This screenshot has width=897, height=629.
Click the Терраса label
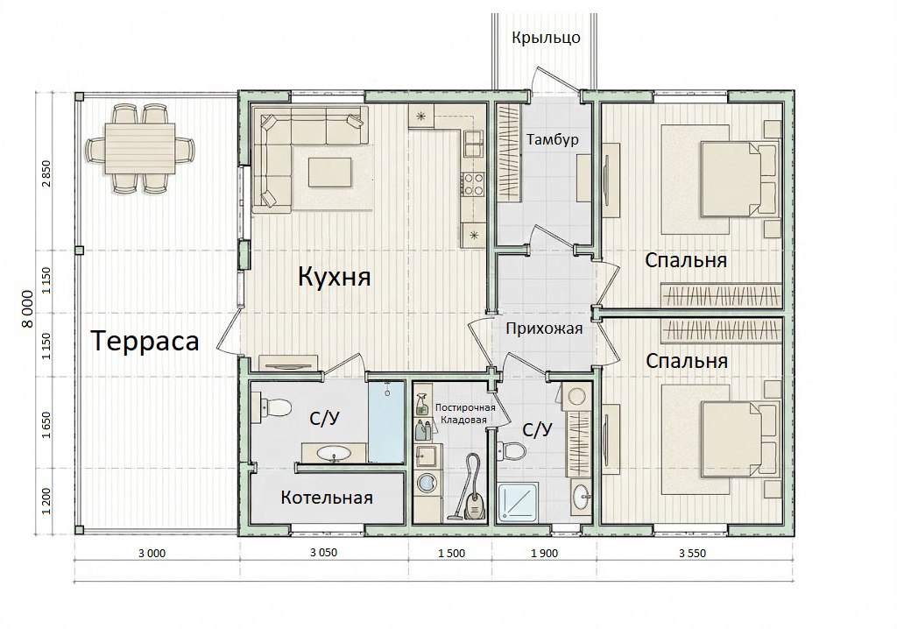point(145,341)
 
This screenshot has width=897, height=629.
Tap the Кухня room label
point(334,277)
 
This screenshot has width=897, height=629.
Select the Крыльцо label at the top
point(547,39)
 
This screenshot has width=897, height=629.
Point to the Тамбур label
point(553,139)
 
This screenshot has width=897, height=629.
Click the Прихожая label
point(544,329)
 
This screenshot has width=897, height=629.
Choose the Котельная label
point(327,498)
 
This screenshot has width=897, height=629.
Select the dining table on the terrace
point(139,150)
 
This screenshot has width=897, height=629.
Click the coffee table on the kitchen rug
point(330,172)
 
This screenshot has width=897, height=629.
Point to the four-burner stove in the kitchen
point(473,184)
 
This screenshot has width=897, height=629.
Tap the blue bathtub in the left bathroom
point(386,421)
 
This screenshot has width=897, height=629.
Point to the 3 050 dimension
point(324,553)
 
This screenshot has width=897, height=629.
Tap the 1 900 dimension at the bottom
point(544,554)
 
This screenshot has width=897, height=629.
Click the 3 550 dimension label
point(692,554)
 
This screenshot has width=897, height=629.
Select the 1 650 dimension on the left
point(47,425)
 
